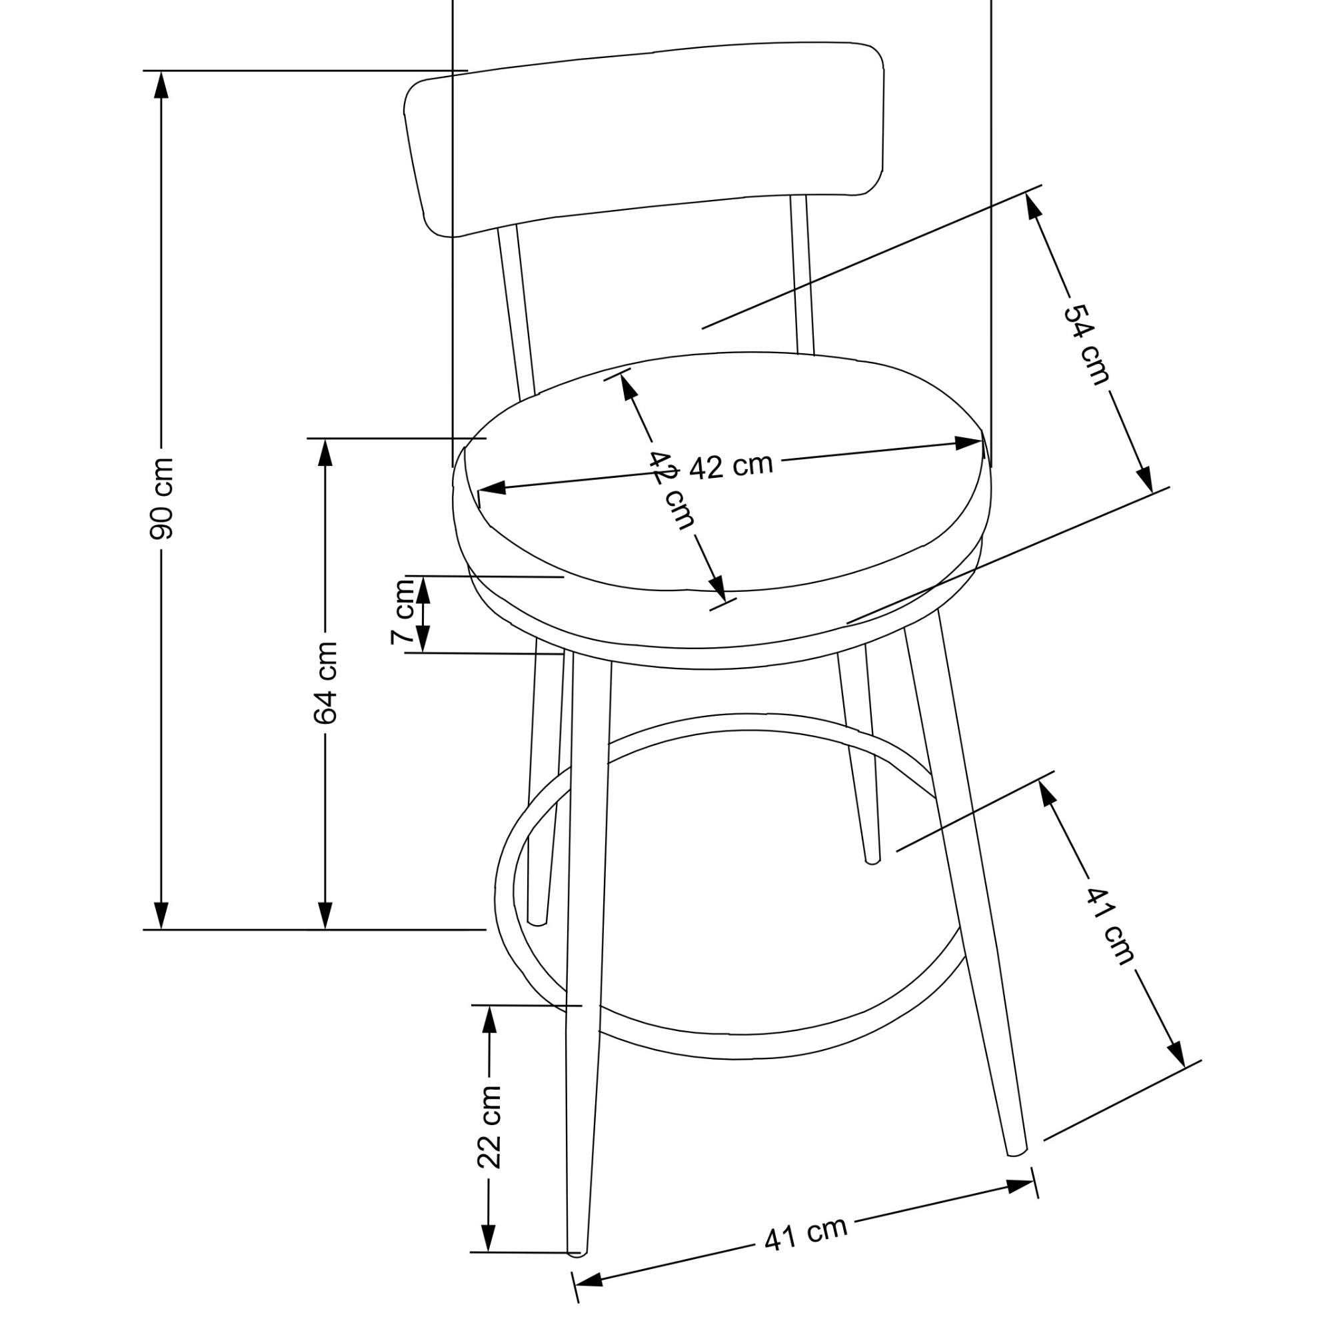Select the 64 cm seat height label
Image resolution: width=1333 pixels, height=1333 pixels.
tap(325, 682)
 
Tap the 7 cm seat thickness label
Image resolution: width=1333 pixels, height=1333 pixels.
tap(403, 612)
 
